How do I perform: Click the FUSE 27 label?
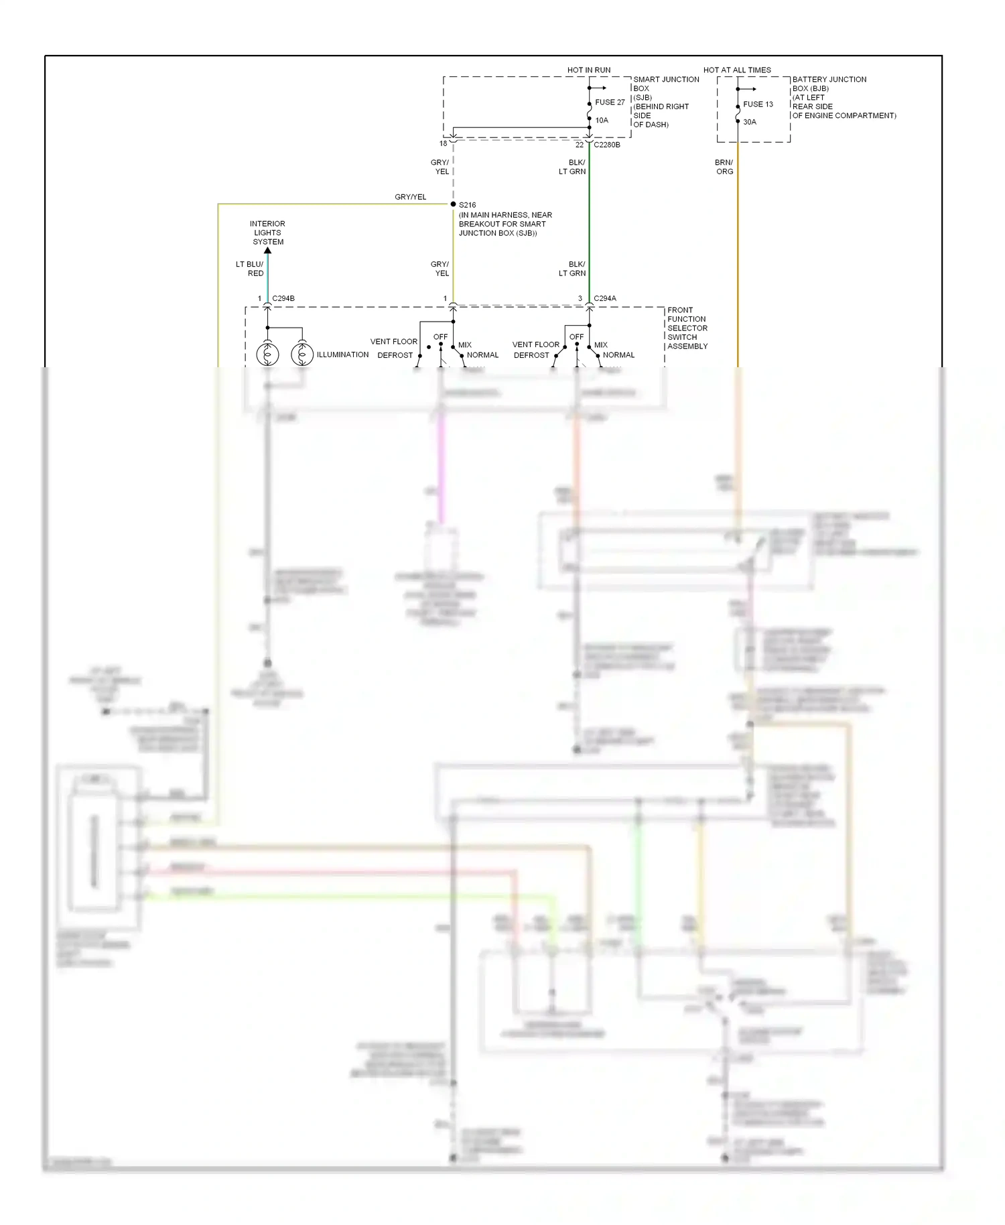610,103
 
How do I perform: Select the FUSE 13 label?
758,105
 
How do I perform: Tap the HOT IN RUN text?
588,70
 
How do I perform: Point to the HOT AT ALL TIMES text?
736,70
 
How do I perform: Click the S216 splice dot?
454,204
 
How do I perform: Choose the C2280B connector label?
607,145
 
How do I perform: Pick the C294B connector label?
283,299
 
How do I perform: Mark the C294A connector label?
605,299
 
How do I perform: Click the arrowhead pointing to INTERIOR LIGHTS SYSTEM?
267,251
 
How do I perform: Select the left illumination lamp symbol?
267,354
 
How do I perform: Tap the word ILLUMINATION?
342,354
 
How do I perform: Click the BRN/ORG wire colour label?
724,167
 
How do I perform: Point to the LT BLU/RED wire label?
250,269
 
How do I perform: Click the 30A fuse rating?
750,122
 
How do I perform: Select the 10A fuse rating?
602,121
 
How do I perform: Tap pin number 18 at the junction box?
443,143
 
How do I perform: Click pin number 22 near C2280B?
580,145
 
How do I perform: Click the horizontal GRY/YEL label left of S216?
410,197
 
